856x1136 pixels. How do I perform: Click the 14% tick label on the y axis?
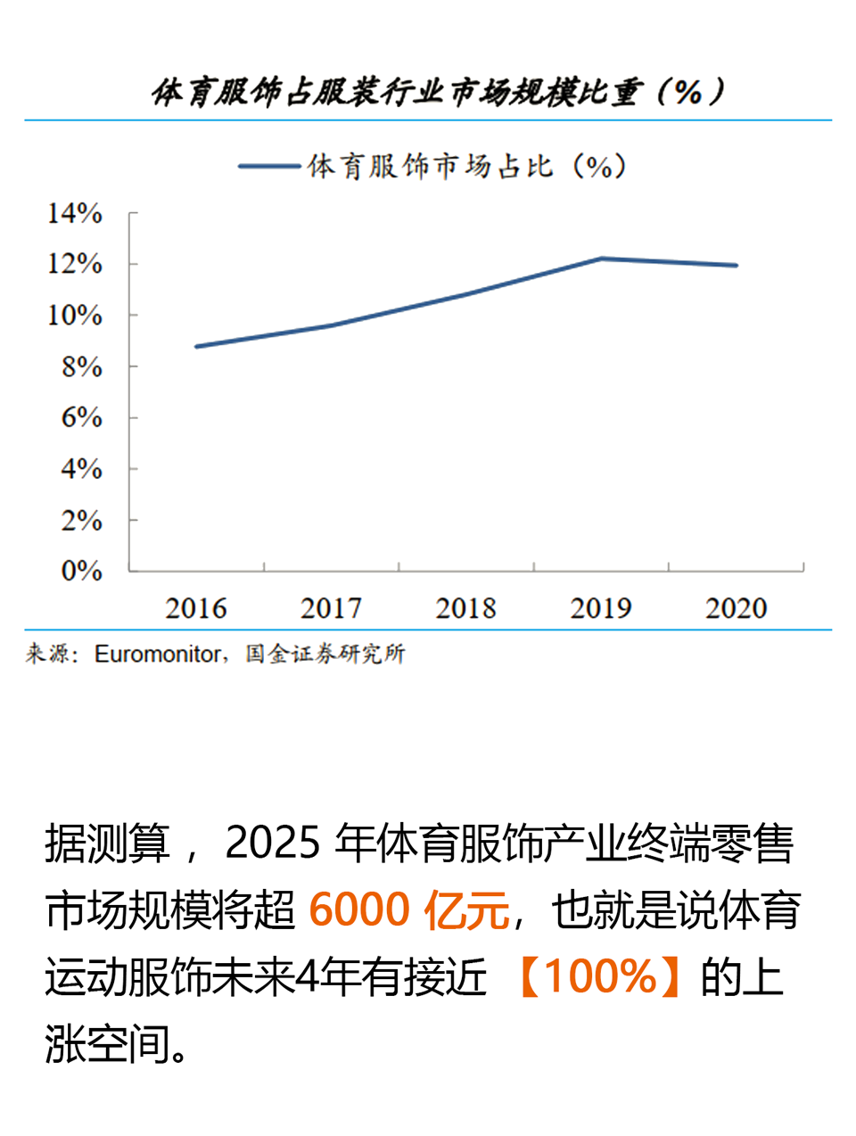pos(75,214)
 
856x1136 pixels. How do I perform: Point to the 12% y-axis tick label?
pos(75,265)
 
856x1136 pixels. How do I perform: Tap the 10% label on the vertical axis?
pos(75,316)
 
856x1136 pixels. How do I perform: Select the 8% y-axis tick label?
pos(81,366)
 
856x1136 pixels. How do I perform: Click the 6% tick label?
pos(81,417)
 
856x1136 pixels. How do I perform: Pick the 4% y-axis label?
pos(81,469)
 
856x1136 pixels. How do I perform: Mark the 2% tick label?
pos(81,520)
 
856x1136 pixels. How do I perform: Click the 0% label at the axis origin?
pos(81,571)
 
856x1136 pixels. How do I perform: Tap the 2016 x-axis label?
pos(196,609)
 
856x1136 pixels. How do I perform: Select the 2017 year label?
pos(331,609)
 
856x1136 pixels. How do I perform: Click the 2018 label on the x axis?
pos(465,609)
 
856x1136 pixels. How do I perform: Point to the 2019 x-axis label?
pos(601,609)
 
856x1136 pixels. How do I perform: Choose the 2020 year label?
pos(736,609)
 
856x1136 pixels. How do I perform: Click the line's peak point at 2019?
pos(602,259)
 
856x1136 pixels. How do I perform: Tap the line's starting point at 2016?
pos(196,346)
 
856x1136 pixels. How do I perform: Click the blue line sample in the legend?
pos(268,166)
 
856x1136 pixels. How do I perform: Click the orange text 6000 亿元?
pos(409,910)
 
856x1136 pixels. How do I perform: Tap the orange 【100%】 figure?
pos(600,977)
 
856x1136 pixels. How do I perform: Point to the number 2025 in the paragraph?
pos(272,843)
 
